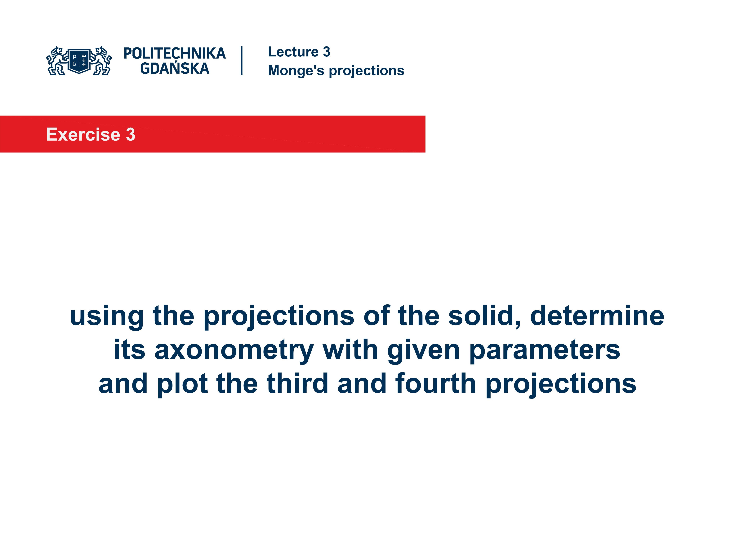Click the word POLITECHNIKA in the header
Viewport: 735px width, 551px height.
[174, 53]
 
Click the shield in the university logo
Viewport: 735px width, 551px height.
[79, 60]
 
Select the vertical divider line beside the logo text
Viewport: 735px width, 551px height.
[242, 61]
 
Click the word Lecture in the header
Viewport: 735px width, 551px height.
[293, 52]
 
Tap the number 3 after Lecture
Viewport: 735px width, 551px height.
[327, 52]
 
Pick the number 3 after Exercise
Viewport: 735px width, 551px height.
[131, 134]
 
